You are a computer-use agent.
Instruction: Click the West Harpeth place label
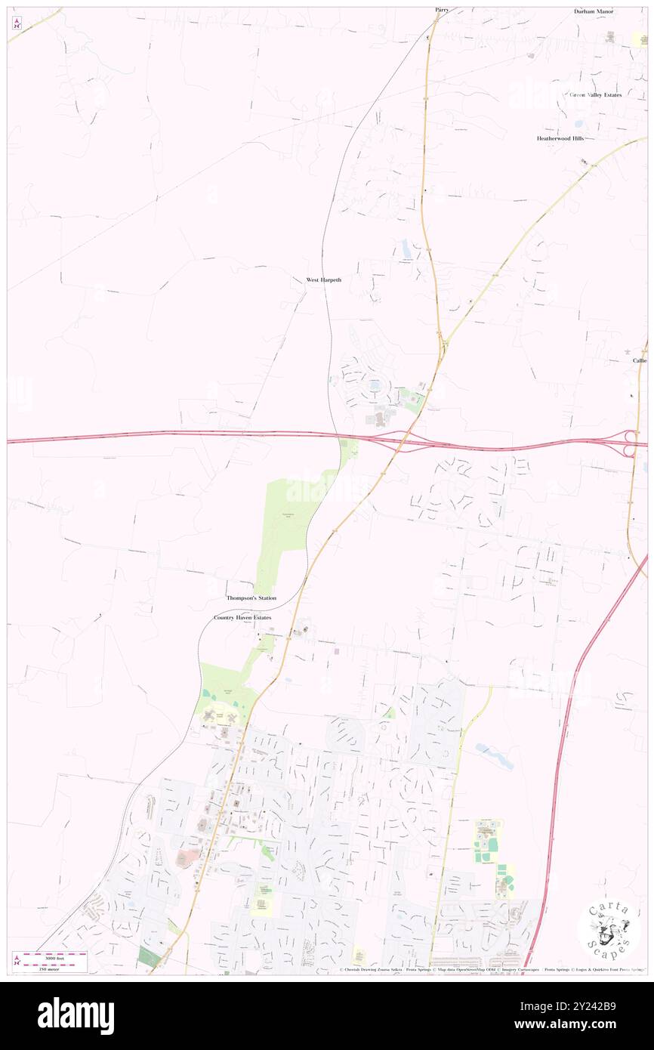point(323,279)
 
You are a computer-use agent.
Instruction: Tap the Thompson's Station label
point(251,598)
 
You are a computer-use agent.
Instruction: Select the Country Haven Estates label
point(242,617)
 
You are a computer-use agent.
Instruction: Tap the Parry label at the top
point(442,10)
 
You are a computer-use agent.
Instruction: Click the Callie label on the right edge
point(640,360)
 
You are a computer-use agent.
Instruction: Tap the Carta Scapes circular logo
point(608,930)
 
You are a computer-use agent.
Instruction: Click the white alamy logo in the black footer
point(76,1016)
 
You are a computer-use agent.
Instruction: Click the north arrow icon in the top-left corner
point(17,23)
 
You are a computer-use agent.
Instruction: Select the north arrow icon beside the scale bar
point(17,960)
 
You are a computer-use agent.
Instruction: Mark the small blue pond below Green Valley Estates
point(578,123)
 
